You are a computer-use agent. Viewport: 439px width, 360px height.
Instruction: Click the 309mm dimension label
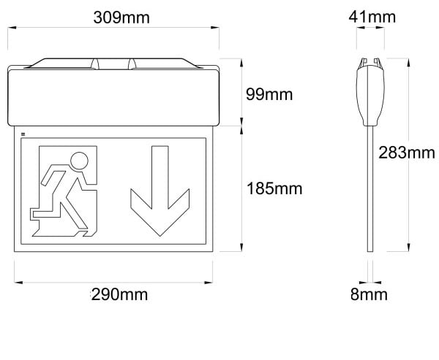(x=121, y=18)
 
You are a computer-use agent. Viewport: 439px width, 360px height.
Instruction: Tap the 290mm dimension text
(x=119, y=294)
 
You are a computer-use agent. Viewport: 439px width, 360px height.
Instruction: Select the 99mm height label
(x=269, y=94)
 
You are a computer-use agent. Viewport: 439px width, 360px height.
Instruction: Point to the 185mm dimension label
(x=274, y=188)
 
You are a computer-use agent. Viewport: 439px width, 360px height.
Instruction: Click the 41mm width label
(x=372, y=17)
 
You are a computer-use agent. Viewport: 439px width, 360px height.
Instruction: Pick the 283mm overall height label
(x=407, y=153)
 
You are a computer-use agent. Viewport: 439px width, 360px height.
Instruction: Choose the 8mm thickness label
(x=369, y=294)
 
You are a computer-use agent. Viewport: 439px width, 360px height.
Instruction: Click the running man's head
(x=79, y=161)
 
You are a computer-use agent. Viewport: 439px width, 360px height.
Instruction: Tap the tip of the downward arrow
(x=160, y=236)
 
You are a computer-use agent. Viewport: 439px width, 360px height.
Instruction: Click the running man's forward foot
(x=84, y=234)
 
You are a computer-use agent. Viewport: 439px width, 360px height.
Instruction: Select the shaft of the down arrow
(x=160, y=177)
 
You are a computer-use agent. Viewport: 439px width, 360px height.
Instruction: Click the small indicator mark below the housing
(x=23, y=134)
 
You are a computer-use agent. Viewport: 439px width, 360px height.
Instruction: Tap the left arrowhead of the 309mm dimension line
(x=12, y=28)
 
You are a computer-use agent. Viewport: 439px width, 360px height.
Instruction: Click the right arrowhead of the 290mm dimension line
(x=209, y=283)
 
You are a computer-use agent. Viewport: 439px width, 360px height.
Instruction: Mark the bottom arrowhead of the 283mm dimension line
(x=408, y=248)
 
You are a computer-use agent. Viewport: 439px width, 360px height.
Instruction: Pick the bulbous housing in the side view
(x=370, y=96)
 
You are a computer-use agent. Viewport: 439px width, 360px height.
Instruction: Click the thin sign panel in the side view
(x=370, y=188)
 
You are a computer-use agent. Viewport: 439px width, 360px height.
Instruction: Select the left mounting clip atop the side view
(x=363, y=63)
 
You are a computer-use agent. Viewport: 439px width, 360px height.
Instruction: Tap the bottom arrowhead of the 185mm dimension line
(x=241, y=248)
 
